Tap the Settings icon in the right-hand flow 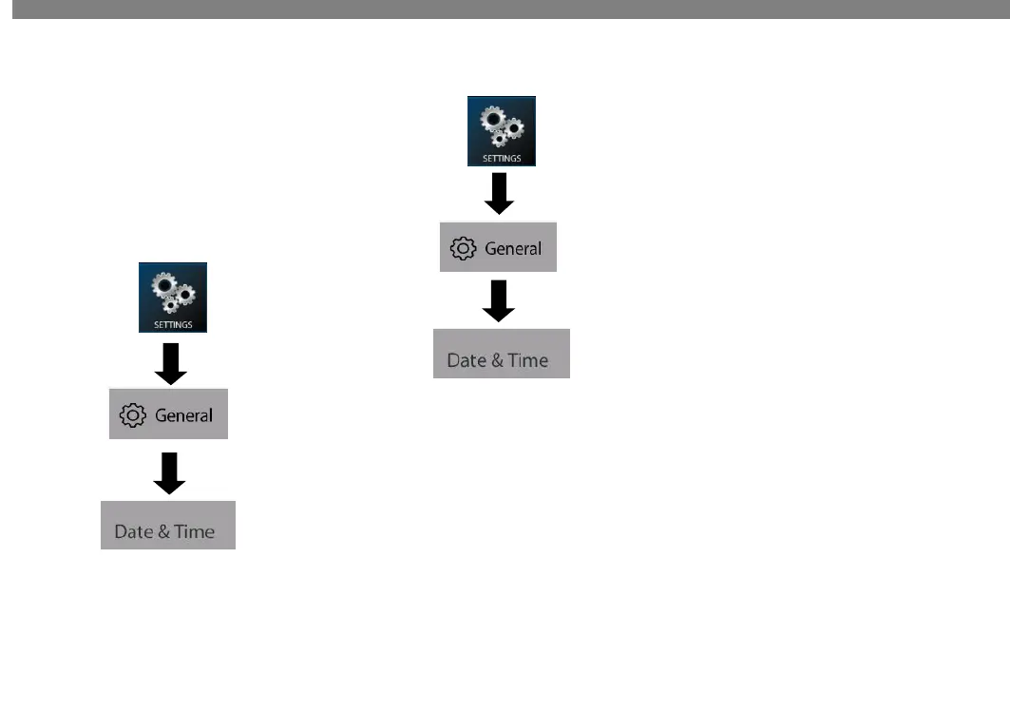point(501,130)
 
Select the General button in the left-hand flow point(168,414)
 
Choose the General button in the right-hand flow point(498,248)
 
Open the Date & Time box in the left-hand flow point(168,525)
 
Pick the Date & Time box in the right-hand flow point(501,354)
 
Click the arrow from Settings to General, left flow point(170,363)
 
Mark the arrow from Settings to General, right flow point(499,194)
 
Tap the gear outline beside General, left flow point(132,414)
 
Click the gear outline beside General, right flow point(463,249)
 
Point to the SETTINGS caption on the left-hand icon point(173,324)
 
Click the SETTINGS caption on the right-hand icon point(502,159)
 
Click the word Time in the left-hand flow point(195,531)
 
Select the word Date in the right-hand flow point(467,360)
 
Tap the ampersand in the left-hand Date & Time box point(164,531)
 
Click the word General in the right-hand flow point(513,248)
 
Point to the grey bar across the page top point(505,10)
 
